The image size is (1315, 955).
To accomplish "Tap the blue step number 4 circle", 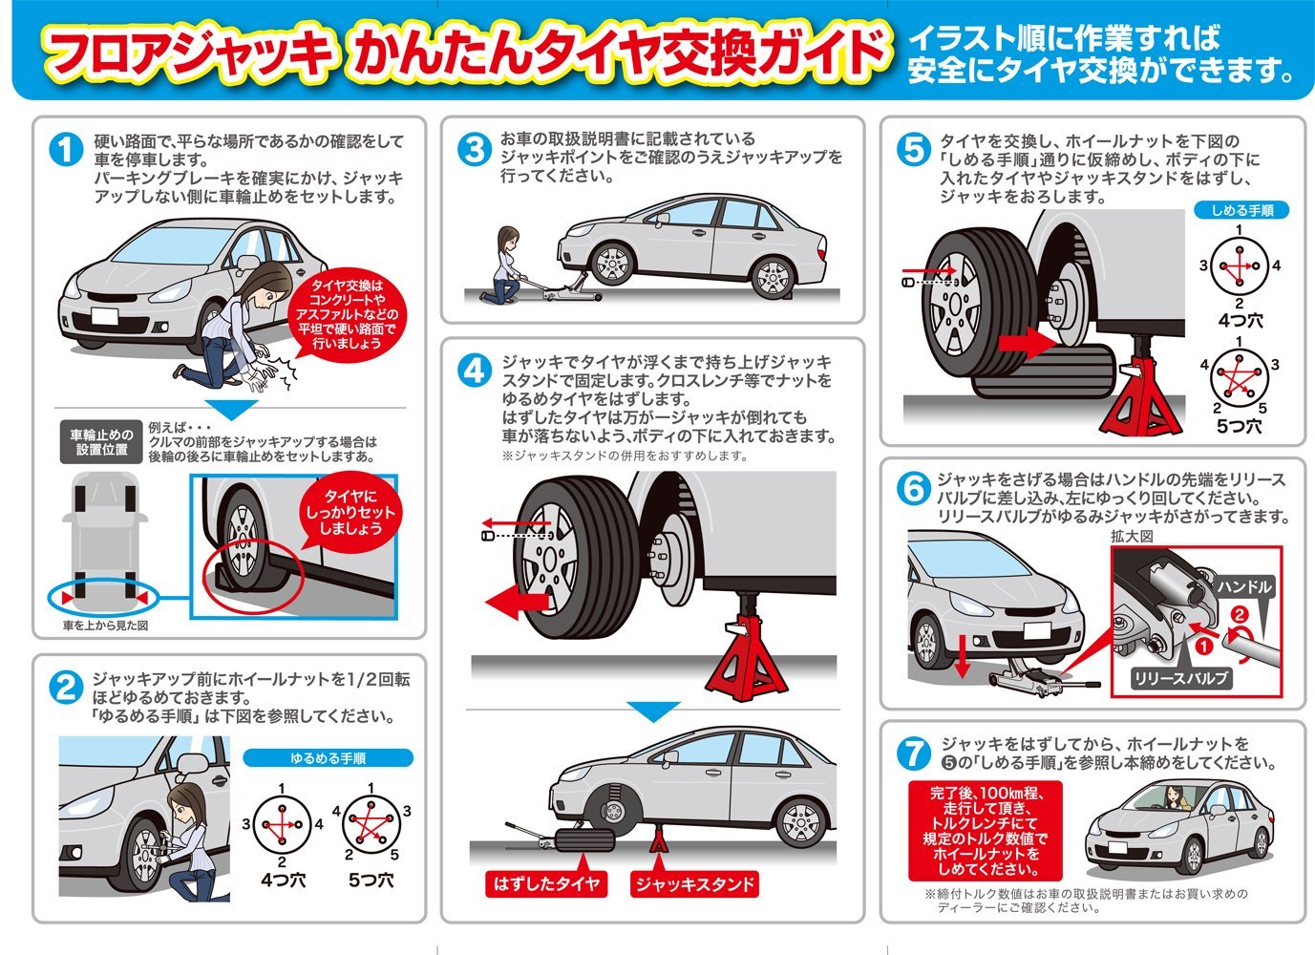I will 474,371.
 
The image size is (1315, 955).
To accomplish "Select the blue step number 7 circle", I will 914,753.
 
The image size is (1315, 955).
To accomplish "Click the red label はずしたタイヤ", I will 546,883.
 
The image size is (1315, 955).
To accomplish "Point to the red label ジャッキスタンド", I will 695,883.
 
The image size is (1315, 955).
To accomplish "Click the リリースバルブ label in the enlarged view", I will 1180,679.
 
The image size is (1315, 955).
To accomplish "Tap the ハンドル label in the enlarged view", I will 1244,586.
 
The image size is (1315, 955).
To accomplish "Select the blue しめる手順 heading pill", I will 1241,210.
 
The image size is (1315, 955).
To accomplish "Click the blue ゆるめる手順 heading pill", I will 328,758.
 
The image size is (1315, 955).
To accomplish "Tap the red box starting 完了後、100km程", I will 985,831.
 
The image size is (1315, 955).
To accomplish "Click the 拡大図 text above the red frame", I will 1132,536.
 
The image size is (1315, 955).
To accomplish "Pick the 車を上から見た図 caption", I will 105,626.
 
